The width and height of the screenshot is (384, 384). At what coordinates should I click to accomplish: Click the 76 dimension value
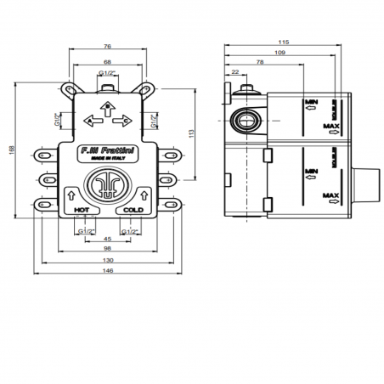[107, 48]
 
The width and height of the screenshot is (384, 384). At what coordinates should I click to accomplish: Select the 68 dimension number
[107, 62]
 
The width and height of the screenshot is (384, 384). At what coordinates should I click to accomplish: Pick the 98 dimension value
[106, 248]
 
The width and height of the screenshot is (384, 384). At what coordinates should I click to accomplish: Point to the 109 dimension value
[280, 53]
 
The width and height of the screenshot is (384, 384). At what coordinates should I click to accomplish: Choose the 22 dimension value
[234, 72]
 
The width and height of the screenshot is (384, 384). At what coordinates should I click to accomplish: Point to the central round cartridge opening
[107, 187]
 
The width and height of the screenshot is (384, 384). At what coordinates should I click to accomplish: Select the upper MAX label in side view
[330, 126]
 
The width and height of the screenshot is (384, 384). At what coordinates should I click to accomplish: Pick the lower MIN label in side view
[311, 171]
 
